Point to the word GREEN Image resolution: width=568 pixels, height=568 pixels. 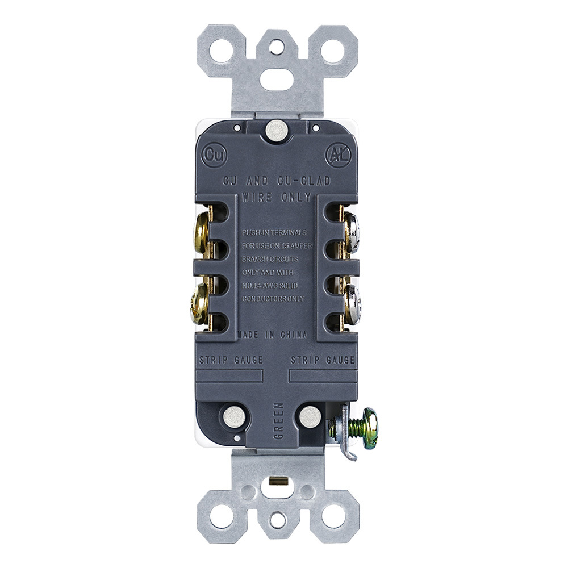[x=278, y=421]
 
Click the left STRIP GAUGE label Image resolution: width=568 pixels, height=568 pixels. [x=231, y=360]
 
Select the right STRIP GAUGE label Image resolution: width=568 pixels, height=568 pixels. [x=322, y=360]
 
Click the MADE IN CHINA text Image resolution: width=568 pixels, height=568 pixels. [x=273, y=335]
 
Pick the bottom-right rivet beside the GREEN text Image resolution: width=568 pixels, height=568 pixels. [x=310, y=417]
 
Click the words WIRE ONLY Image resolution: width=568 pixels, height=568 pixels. [x=276, y=198]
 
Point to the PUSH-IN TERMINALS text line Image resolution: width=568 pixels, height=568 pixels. [x=274, y=233]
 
